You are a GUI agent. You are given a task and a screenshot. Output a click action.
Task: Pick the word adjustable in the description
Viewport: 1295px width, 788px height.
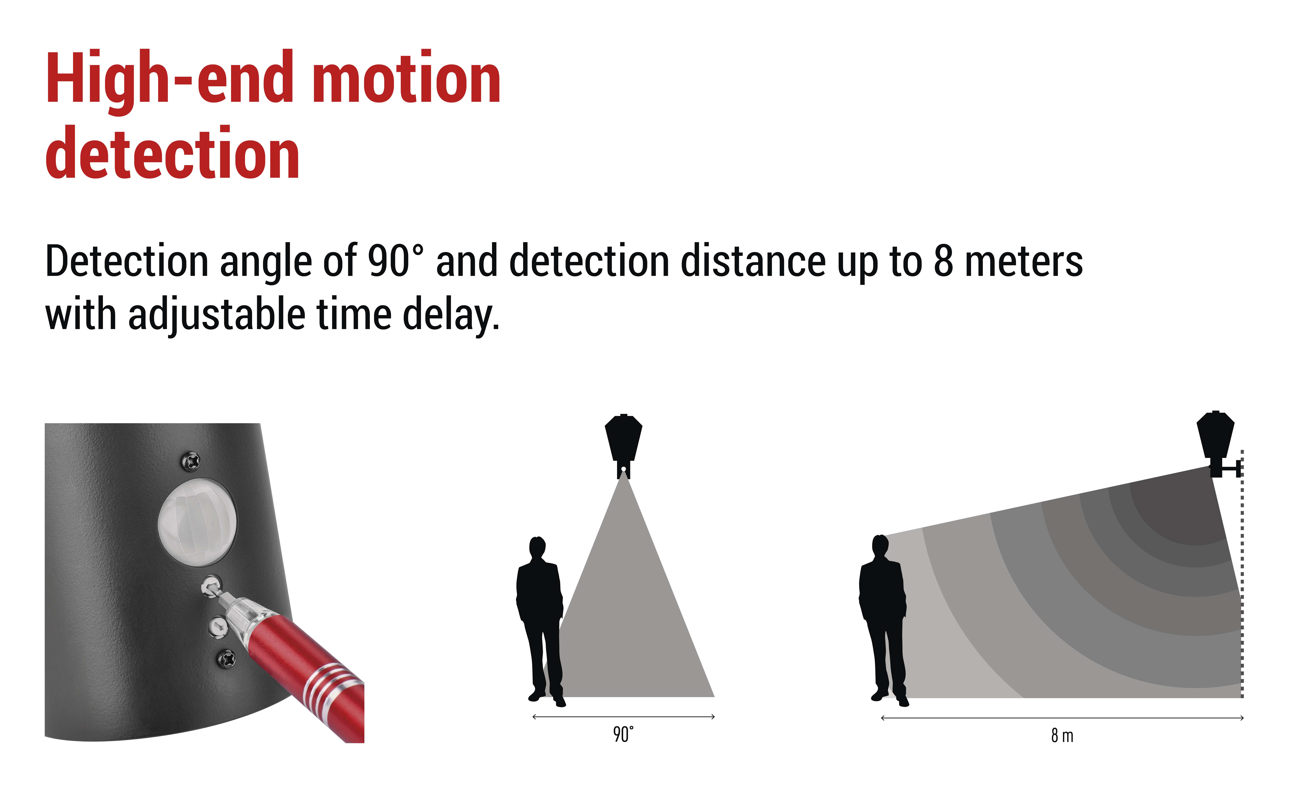click(x=217, y=315)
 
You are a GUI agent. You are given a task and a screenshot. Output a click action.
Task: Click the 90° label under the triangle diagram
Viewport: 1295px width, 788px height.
click(x=623, y=734)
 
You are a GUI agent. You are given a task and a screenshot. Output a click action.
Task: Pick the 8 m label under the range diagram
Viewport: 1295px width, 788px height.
click(x=1062, y=735)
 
